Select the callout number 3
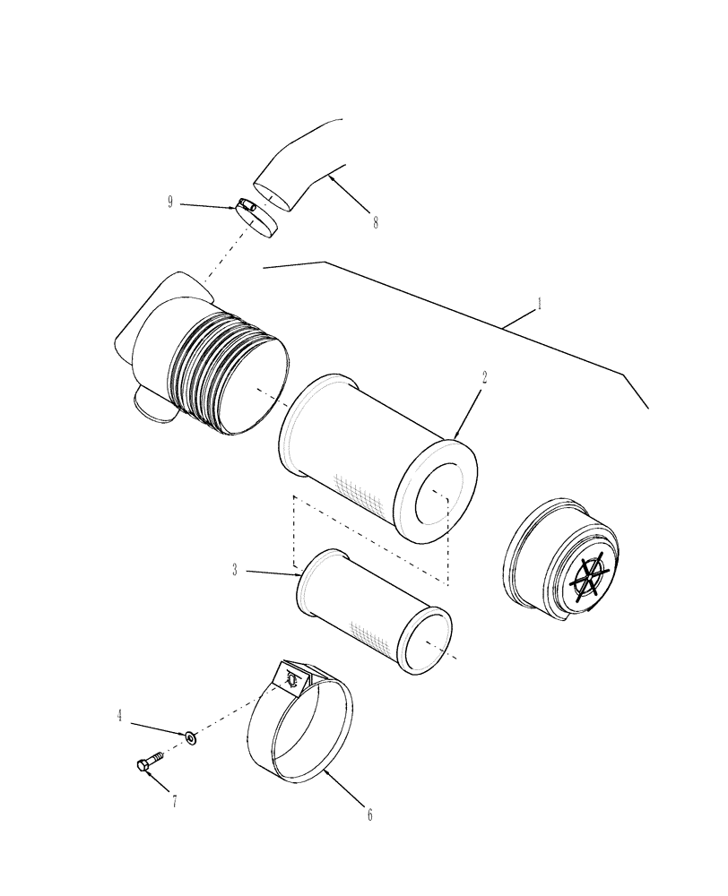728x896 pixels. [x=235, y=570]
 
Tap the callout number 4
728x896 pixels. [x=119, y=716]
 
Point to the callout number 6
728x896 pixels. [x=369, y=814]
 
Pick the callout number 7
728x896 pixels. [x=174, y=801]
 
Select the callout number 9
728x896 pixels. [x=169, y=202]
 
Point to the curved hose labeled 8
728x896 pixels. [x=300, y=166]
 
